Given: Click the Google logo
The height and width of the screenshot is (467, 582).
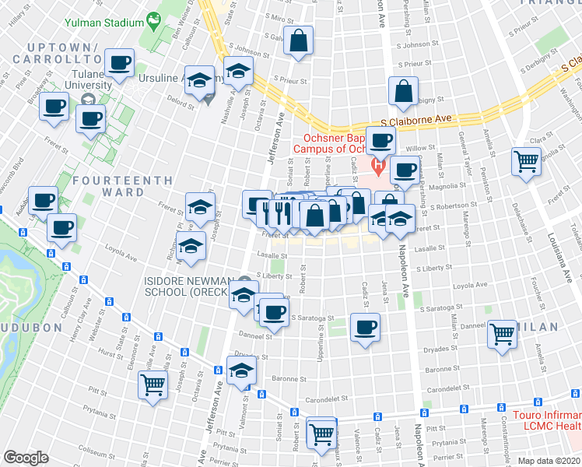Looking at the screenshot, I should (26, 458).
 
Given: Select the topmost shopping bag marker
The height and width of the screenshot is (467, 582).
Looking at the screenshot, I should (298, 42).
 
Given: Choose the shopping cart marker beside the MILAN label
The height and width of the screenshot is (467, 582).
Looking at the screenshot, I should (502, 335).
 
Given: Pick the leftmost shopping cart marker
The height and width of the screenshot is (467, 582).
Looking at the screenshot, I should (153, 384).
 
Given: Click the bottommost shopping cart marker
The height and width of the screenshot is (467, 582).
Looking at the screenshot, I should (321, 434).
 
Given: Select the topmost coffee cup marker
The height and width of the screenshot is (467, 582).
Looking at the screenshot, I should (119, 64).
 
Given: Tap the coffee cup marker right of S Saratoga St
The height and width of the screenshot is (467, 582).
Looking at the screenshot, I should (364, 326).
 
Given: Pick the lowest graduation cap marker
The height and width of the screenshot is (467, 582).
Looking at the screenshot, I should (243, 373).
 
